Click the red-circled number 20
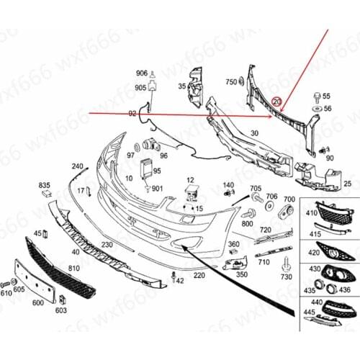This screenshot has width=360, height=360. click(277, 103)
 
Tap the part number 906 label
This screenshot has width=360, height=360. click(141, 73)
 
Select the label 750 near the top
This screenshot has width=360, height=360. click(230, 81)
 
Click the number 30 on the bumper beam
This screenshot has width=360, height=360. click(253, 132)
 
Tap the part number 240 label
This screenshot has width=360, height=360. click(77, 166)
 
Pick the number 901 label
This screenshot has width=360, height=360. click(157, 189)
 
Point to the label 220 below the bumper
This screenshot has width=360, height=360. click(199, 274)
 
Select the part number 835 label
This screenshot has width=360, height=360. click(45, 185)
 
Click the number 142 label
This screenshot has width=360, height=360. click(179, 281)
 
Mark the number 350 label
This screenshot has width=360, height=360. click(241, 274)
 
